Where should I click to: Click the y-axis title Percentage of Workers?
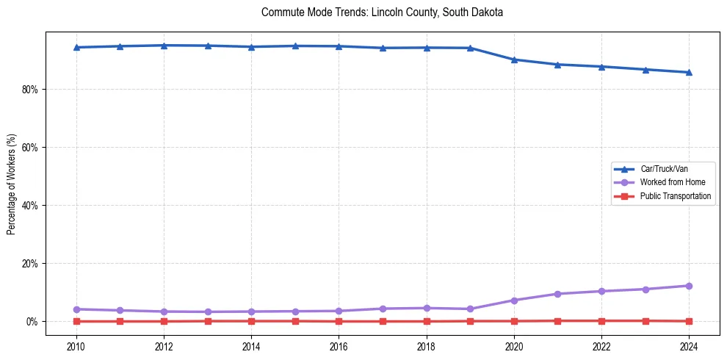tap(12, 184)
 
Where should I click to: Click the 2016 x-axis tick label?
tap(339, 345)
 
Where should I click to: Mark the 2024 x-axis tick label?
tap(689, 345)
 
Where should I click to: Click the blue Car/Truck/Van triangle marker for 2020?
tap(514, 60)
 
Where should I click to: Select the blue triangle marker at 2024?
tap(689, 72)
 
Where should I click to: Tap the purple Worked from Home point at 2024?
tap(689, 286)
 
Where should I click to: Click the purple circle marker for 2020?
tap(514, 300)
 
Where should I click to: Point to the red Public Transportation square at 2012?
tap(164, 321)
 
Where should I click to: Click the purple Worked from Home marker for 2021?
tap(557, 294)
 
